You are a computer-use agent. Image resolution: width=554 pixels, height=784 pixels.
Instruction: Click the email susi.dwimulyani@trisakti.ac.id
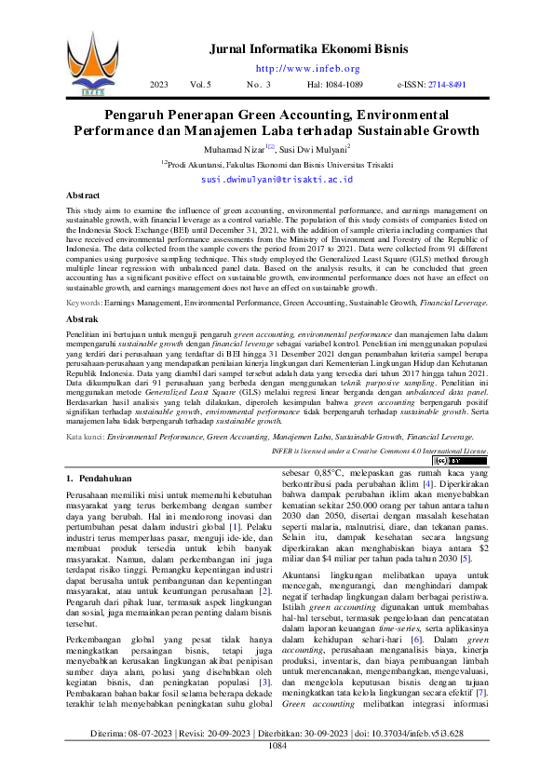click(277, 177)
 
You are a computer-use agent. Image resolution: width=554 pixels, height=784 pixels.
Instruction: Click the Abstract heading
click(84, 196)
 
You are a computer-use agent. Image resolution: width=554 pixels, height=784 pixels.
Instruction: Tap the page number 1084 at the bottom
click(277, 772)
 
